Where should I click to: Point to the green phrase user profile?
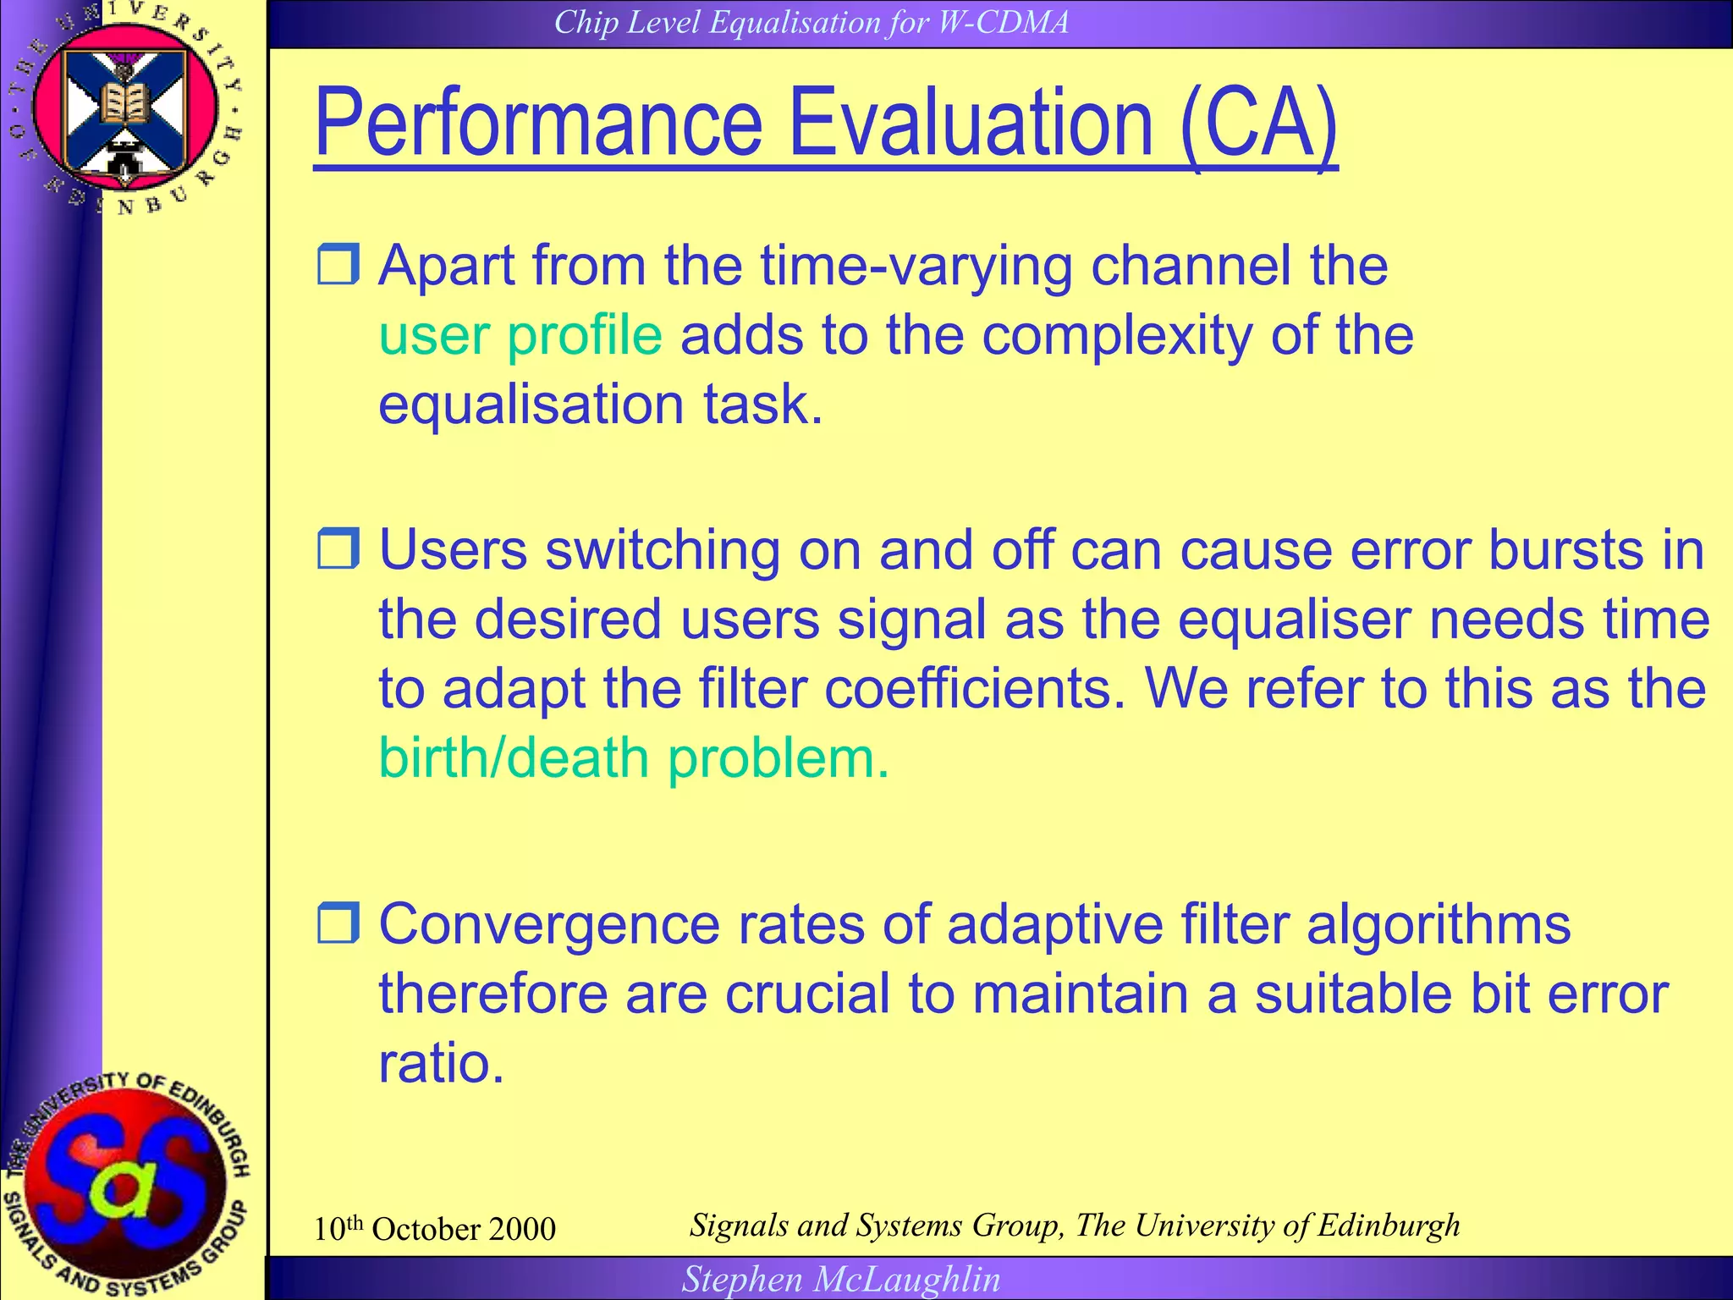(x=520, y=335)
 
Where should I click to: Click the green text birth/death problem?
(x=634, y=757)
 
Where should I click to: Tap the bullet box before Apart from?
(x=338, y=264)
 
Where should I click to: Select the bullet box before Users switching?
(x=338, y=548)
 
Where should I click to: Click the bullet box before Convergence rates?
(x=338, y=923)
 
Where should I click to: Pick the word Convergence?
(x=548, y=924)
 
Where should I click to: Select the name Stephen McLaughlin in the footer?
(x=841, y=1279)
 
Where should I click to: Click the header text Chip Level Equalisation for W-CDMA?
(x=811, y=22)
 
